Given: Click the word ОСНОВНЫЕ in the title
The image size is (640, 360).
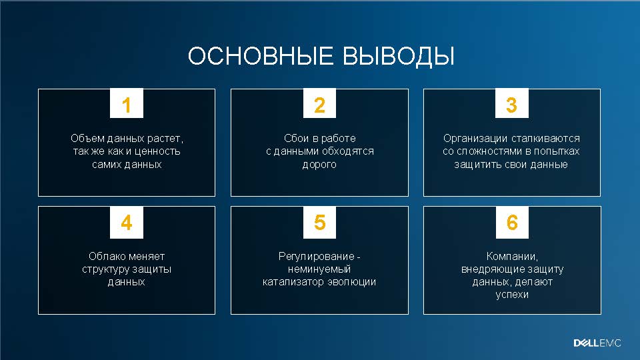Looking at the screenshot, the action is [x=260, y=55].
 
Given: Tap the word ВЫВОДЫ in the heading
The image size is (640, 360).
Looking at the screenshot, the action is [x=399, y=56].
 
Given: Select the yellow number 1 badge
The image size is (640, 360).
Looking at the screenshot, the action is [x=127, y=103].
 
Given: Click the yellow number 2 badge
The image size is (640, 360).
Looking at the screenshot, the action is [x=319, y=103].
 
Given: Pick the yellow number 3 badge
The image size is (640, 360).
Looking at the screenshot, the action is [x=512, y=103].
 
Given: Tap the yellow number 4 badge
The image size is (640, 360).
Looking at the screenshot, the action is [x=127, y=223].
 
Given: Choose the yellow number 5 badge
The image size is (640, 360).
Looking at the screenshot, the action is [x=319, y=223].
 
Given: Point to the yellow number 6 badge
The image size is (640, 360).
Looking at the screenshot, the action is [x=512, y=223].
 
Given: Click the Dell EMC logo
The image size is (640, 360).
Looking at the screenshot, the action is [x=597, y=343].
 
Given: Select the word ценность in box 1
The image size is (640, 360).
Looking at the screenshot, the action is [x=157, y=151].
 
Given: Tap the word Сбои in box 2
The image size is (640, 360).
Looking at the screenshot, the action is [x=296, y=139].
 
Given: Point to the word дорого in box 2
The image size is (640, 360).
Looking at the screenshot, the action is [x=319, y=165].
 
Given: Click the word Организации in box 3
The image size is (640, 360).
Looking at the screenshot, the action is [x=475, y=139].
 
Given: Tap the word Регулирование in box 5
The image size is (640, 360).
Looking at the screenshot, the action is [x=316, y=256].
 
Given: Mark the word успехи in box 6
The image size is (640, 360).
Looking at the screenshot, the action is [x=512, y=295].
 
